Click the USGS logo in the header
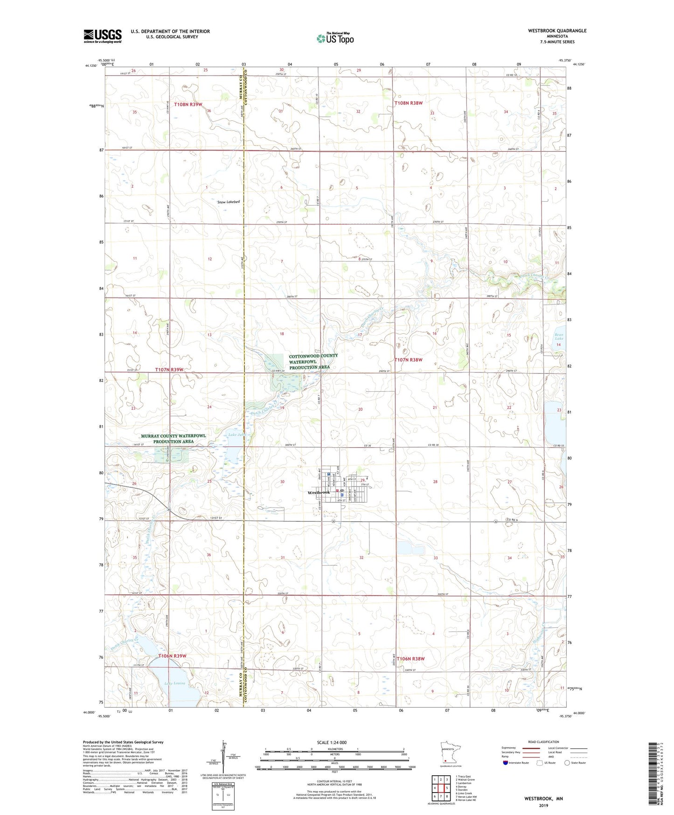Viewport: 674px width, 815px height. click(x=103, y=36)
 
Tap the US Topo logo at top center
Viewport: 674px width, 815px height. click(x=335, y=38)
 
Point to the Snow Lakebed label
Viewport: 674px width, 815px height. click(x=229, y=202)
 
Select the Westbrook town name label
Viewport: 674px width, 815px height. click(x=319, y=492)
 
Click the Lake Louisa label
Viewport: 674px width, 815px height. click(x=175, y=683)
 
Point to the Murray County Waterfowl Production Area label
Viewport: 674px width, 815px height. click(x=173, y=438)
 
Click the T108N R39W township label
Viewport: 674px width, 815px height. click(x=188, y=105)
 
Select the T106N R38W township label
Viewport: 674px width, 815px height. click(x=410, y=659)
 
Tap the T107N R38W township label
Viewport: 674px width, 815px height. click(x=408, y=360)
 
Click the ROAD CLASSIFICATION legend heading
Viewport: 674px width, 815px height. click(x=543, y=742)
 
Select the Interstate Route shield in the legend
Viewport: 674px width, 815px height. click(x=506, y=763)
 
